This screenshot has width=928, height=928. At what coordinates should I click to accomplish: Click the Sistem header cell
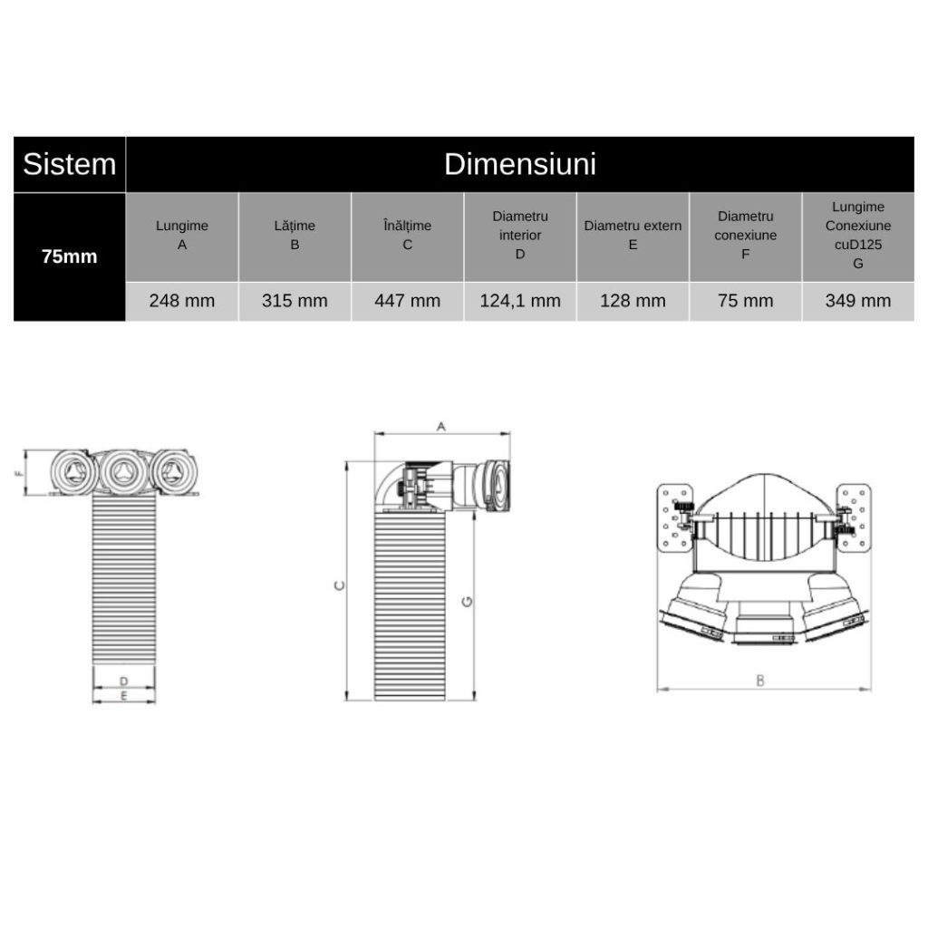(69, 164)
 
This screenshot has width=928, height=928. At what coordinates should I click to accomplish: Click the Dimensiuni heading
(519, 164)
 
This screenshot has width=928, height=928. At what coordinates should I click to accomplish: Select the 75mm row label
(69, 256)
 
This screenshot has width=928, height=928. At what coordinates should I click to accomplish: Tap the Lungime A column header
(182, 235)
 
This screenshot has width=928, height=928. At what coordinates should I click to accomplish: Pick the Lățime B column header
(295, 235)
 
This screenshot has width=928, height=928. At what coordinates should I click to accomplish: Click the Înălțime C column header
(407, 235)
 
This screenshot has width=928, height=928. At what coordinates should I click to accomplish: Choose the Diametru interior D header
(520, 235)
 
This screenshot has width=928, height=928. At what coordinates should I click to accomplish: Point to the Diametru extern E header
(633, 235)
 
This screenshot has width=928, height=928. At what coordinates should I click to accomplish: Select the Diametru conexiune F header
(745, 235)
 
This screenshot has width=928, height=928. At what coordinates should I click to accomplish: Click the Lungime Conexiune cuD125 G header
(857, 235)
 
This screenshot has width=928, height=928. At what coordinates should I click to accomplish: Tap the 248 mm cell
(182, 301)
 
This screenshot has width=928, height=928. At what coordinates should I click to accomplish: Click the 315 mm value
(295, 301)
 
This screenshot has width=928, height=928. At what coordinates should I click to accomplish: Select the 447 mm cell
(407, 301)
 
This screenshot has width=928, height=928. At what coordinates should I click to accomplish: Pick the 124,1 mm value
(520, 301)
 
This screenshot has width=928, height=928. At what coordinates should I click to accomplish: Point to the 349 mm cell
(857, 301)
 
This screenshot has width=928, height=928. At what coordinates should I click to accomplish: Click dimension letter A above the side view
(441, 425)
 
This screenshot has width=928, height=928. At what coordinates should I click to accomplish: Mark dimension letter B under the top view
(760, 680)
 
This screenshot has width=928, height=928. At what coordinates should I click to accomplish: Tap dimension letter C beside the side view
(338, 585)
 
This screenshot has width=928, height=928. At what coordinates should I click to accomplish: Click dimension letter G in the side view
(467, 600)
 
